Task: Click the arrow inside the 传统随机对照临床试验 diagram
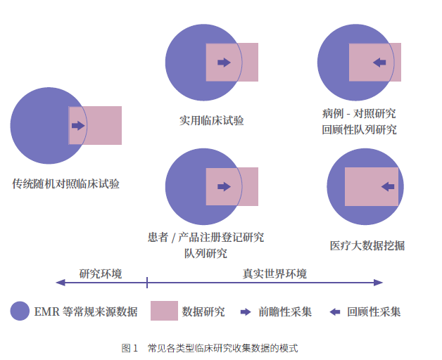point(78,126)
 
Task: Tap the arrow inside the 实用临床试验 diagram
point(224,63)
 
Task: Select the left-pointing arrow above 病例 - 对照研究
point(379,63)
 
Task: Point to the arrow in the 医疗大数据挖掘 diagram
point(388,186)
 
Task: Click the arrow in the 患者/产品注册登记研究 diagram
point(224,186)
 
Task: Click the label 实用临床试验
point(212,120)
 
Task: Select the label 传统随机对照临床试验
point(65,184)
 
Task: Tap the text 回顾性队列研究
point(360,129)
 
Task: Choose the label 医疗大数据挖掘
point(367,245)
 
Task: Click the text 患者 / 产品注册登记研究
point(206,237)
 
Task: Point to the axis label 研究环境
point(101,274)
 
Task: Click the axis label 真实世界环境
point(274,274)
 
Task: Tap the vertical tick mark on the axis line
point(147,283)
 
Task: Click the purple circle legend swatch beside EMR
point(20,311)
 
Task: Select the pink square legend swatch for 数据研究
point(164,311)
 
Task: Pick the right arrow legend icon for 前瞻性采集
point(246,311)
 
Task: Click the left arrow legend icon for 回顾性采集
point(335,311)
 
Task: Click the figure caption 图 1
point(130,348)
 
